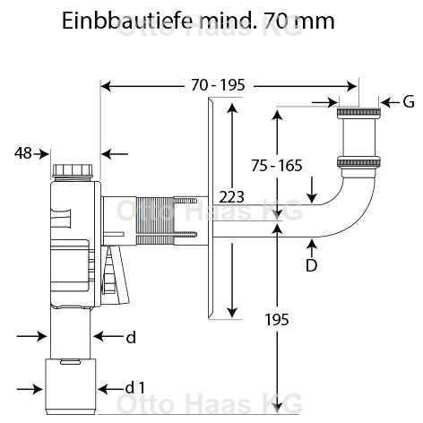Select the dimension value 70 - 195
pyautogui.click(x=219, y=85)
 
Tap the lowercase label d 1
pyautogui.click(x=135, y=388)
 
